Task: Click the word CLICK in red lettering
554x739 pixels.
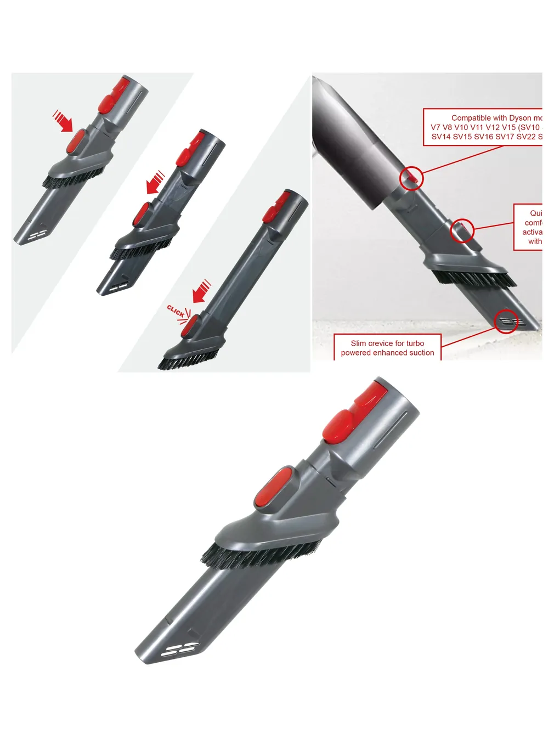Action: [x=176, y=311]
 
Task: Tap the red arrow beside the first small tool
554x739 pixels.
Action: [x=63, y=121]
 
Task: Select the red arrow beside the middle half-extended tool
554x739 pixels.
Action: [x=155, y=183]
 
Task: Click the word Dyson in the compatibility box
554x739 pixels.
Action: [x=520, y=118]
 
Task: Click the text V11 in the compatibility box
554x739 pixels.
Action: [x=477, y=127]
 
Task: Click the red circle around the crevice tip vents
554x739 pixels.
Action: [x=506, y=321]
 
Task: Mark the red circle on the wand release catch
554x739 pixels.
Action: [x=411, y=178]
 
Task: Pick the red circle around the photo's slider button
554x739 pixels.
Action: [x=462, y=231]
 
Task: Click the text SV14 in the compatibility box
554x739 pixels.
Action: [x=441, y=137]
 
